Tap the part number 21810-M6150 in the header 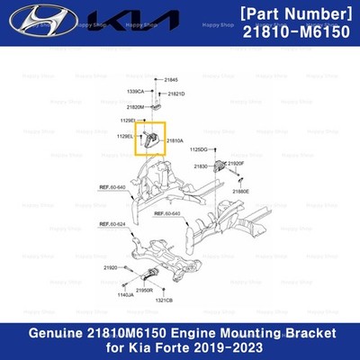point(291,32)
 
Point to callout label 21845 point(171,80)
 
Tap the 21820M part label point(138,107)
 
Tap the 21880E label point(240,192)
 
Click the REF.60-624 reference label point(112,223)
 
